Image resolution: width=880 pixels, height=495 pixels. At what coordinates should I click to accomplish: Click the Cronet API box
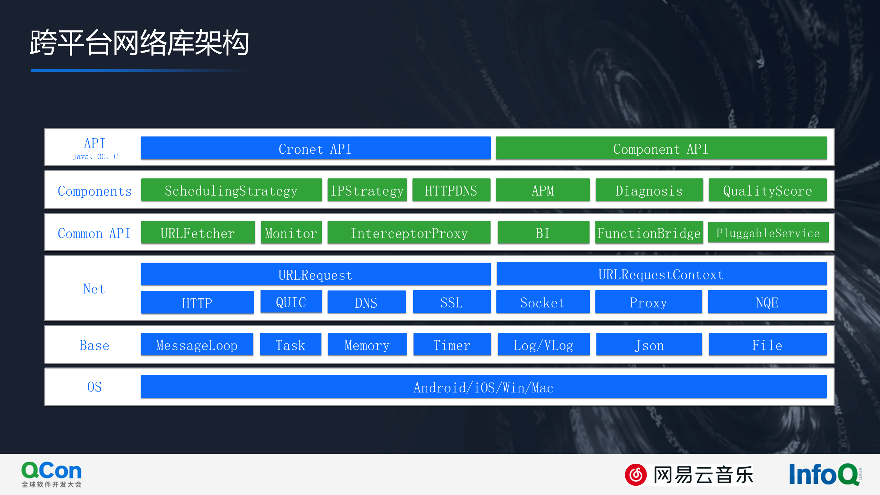[316, 148]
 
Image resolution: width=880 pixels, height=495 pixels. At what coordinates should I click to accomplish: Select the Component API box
[661, 148]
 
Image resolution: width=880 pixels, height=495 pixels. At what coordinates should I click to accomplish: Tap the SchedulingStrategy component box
[231, 190]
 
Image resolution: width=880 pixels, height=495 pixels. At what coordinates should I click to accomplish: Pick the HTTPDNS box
[451, 190]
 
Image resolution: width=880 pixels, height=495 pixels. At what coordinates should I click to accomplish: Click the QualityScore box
[767, 190]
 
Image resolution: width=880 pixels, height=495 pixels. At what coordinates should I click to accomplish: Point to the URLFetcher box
[198, 233]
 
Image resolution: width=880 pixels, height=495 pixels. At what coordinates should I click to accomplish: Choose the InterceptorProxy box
[409, 233]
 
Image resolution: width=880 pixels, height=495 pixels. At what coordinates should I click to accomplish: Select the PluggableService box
[768, 233]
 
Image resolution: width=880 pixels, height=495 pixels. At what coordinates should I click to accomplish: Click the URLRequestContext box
[661, 274]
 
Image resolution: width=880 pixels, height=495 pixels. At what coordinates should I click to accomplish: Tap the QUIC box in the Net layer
[291, 302]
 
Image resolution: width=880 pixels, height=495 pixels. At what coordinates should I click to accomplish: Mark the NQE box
[767, 302]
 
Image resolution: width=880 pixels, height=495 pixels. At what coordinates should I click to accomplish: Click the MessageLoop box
[197, 345]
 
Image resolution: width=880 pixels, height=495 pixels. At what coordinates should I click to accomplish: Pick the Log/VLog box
[543, 345]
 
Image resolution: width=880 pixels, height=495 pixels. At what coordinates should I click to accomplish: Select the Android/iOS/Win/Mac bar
[483, 387]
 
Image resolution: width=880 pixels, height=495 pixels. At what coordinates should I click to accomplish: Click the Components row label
[95, 191]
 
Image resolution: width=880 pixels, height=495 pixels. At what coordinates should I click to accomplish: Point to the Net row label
[94, 288]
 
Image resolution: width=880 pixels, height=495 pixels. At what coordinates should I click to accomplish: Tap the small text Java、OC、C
[95, 157]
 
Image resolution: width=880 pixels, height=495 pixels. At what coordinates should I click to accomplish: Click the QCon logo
[52, 474]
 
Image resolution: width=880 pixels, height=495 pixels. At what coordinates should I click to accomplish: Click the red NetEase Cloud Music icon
[636, 475]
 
